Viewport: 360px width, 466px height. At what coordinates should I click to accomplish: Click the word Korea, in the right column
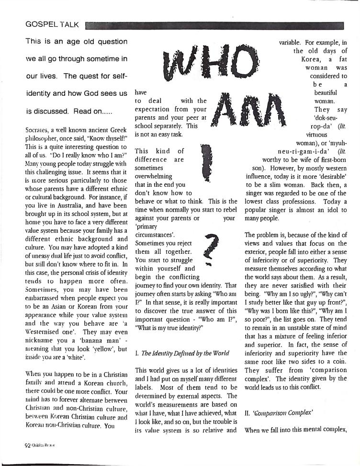point(311,60)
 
